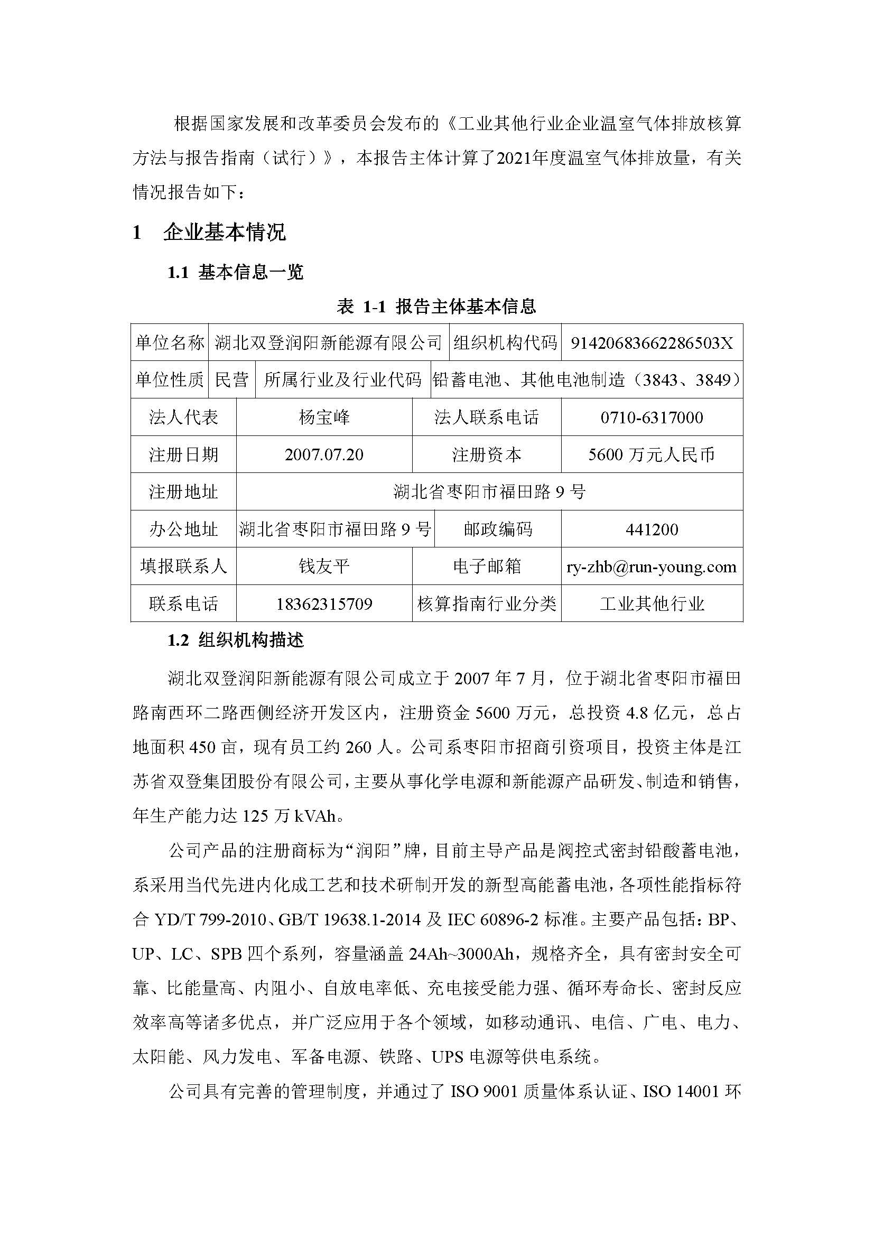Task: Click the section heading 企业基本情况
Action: (x=225, y=233)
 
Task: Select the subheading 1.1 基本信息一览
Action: (x=236, y=272)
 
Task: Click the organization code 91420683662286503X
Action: (x=652, y=343)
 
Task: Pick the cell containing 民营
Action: (x=232, y=380)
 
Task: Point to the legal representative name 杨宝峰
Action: (x=324, y=417)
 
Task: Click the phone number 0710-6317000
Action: (x=652, y=417)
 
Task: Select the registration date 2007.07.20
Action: (x=324, y=454)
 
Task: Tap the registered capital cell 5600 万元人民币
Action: (x=652, y=454)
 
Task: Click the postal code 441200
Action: (x=652, y=529)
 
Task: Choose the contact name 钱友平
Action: (x=324, y=566)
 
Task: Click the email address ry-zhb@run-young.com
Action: (x=652, y=566)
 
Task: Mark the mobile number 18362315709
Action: (x=324, y=603)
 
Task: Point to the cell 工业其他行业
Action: (x=652, y=603)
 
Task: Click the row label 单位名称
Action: (x=170, y=343)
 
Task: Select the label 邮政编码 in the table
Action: (x=498, y=529)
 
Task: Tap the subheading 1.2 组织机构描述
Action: (x=236, y=640)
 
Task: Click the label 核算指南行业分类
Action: (x=487, y=603)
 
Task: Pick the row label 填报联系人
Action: (x=183, y=566)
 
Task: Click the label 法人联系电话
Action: (x=487, y=417)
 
